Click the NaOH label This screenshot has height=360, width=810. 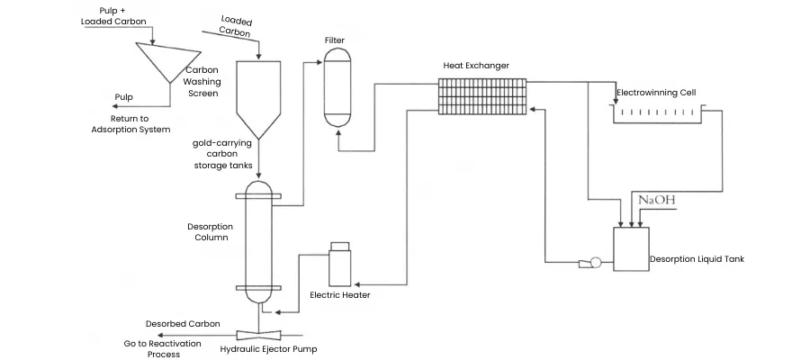(657, 200)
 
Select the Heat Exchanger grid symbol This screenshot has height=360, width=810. (482, 96)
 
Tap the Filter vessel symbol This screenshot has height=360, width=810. (337, 87)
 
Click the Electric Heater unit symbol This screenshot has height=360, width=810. (340, 264)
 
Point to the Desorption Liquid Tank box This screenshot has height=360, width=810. (631, 249)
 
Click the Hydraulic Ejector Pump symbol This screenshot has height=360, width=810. (257, 334)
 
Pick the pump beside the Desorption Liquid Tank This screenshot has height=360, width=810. (589, 263)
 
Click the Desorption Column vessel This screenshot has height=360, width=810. (257, 242)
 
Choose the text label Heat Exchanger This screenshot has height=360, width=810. (476, 66)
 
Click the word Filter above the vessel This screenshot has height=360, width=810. (335, 40)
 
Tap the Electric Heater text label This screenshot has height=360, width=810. (340, 295)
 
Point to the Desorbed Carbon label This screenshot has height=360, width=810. (183, 324)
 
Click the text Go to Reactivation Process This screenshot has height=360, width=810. (163, 348)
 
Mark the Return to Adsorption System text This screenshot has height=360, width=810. (130, 124)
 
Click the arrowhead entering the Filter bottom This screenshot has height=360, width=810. (338, 132)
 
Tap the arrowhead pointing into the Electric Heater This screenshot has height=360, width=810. (356, 284)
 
